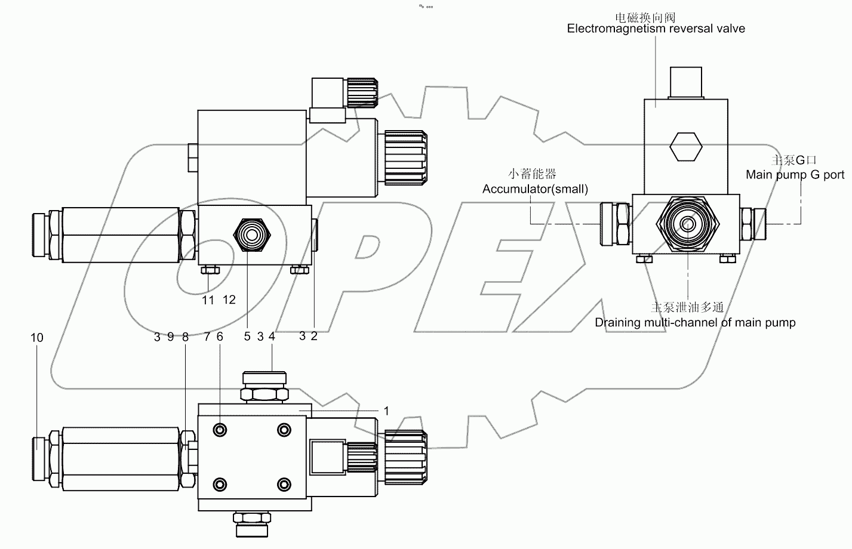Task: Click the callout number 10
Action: click(37, 338)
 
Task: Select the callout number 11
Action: click(208, 300)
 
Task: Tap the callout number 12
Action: click(229, 300)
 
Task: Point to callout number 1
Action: click(386, 411)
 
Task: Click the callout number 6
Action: click(220, 337)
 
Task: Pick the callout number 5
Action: click(247, 337)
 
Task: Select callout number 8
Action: click(185, 337)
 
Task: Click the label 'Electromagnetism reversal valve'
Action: click(656, 28)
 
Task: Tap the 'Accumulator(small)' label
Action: click(535, 189)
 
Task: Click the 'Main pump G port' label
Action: click(795, 175)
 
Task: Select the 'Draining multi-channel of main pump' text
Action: click(695, 323)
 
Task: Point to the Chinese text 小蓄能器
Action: click(532, 174)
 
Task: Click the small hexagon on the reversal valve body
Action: click(684, 146)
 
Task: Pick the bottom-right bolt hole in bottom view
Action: click(284, 483)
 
